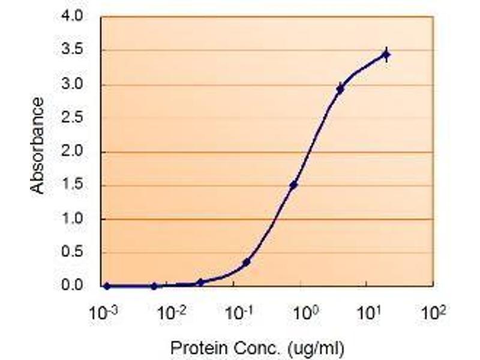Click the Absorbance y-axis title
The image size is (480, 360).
pos(37,146)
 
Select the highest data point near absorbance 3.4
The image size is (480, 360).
pos(386,55)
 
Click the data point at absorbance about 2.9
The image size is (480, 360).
pos(340,89)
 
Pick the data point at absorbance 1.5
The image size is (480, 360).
pos(293,185)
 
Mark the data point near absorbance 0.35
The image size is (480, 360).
pos(247,262)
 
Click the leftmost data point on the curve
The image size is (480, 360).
pos(107,286)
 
